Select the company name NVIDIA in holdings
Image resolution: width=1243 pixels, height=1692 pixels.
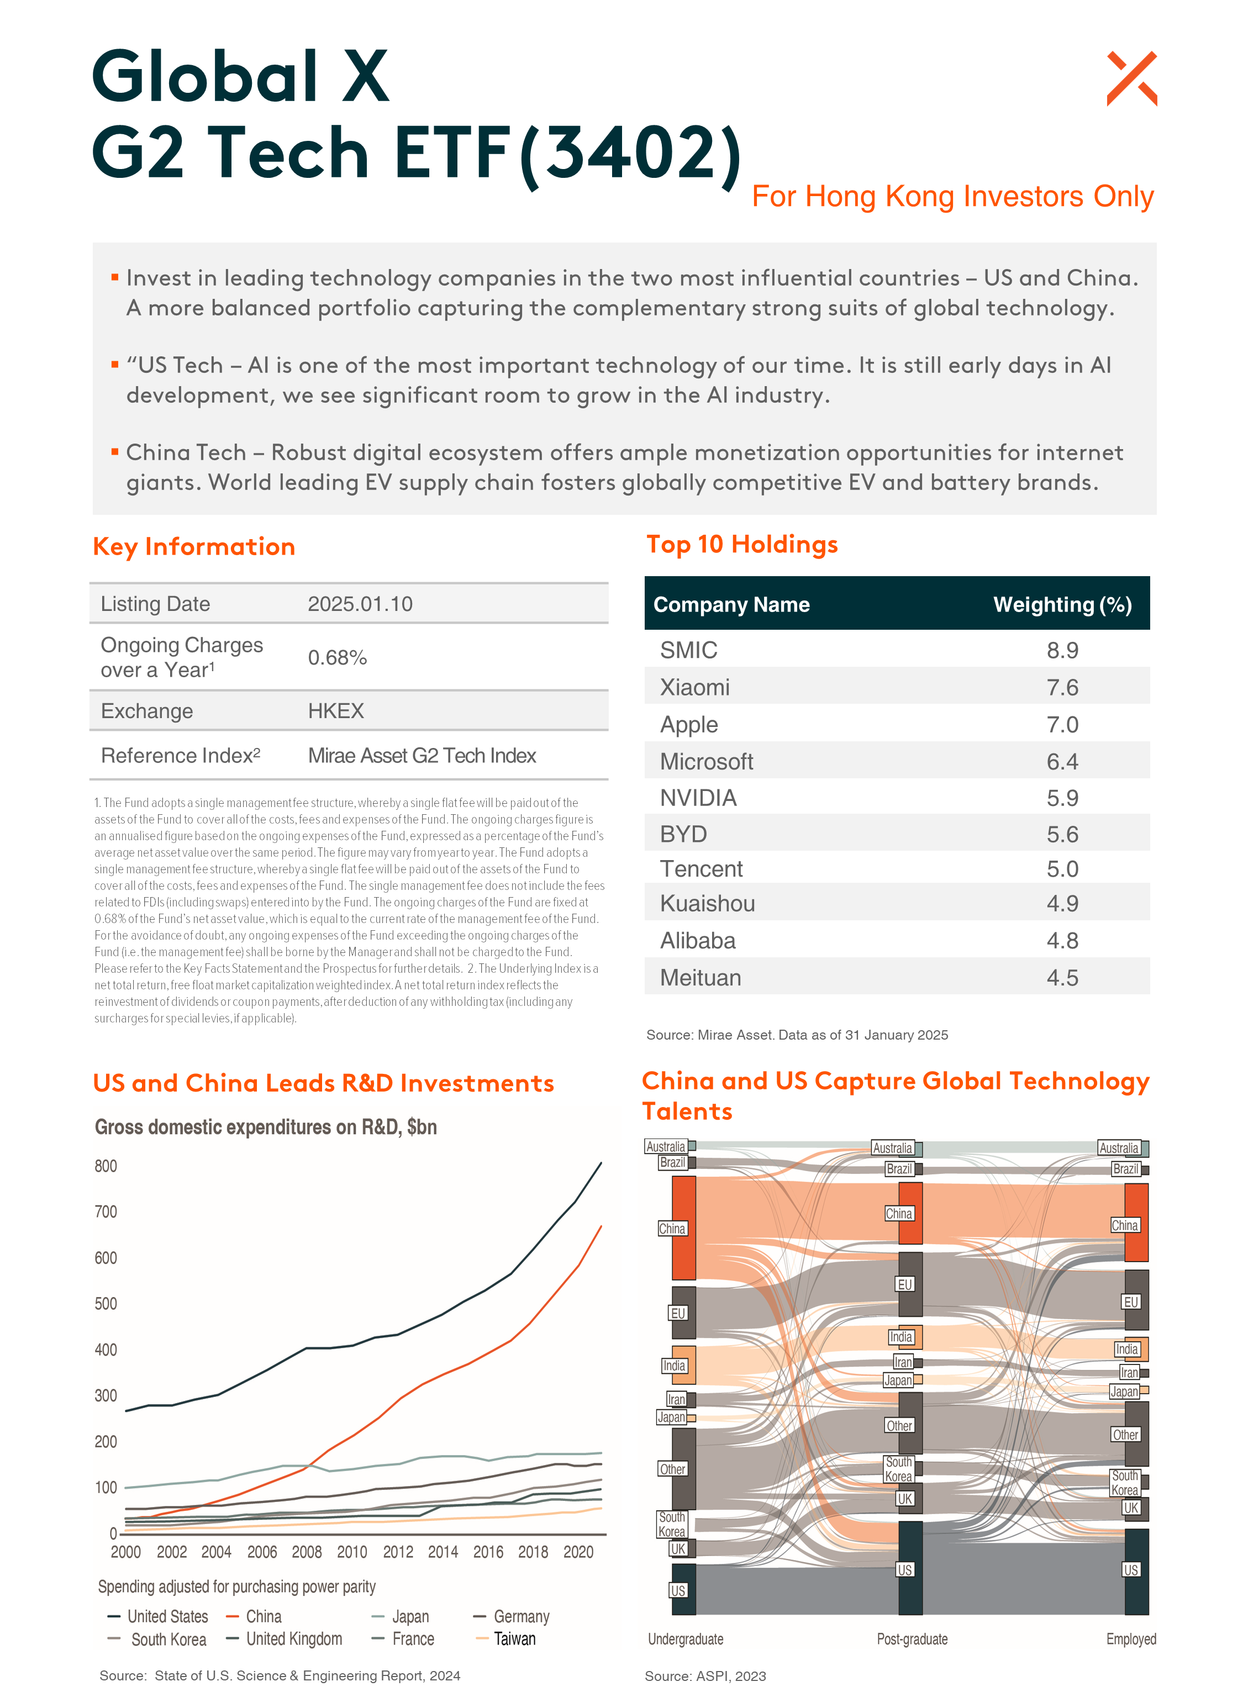pos(698,798)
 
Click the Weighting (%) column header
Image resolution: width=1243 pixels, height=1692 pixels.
pos(1062,604)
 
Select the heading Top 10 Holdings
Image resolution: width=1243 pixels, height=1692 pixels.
pos(742,544)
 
